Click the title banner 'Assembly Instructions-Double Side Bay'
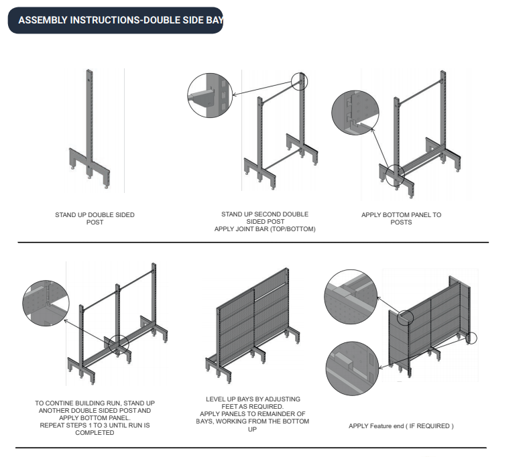(115, 20)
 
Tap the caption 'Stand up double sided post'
(95, 218)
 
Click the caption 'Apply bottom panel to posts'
(401, 218)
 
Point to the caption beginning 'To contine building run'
(95, 417)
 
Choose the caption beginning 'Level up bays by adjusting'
(257, 413)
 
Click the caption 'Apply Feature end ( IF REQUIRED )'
(401, 426)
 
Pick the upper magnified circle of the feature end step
(350, 295)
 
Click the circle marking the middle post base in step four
(118, 344)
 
